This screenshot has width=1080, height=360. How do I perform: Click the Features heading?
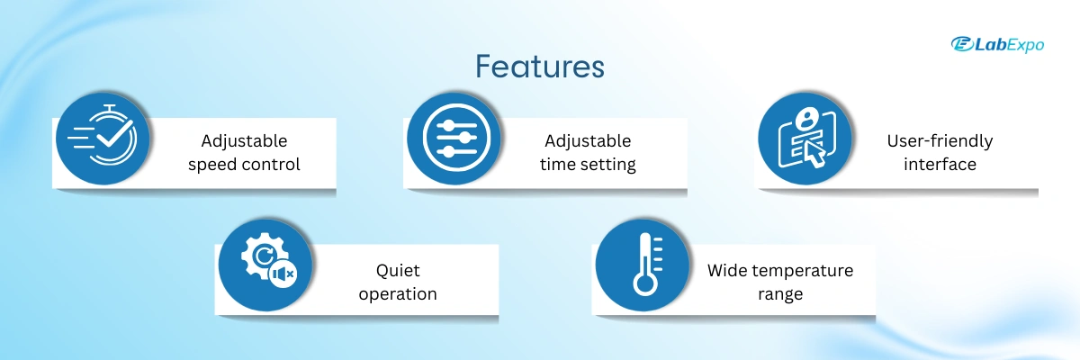(539, 66)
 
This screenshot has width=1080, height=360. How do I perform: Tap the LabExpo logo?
(997, 44)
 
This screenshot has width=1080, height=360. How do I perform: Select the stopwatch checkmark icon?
(103, 139)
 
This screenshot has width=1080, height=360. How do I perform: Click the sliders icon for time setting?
(454, 139)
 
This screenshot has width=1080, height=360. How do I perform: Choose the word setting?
(608, 166)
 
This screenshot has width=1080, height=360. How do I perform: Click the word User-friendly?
(940, 141)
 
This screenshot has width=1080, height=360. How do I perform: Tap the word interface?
(940, 165)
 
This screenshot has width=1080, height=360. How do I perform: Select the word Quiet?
(398, 270)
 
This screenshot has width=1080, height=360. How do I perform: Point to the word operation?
(398, 294)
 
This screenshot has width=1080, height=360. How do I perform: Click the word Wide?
(727, 270)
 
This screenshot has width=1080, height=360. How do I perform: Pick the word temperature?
(803, 271)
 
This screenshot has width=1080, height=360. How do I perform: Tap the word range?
(780, 295)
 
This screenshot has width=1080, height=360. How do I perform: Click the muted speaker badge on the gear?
(283, 274)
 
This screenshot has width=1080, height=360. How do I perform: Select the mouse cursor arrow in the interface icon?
(814, 154)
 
